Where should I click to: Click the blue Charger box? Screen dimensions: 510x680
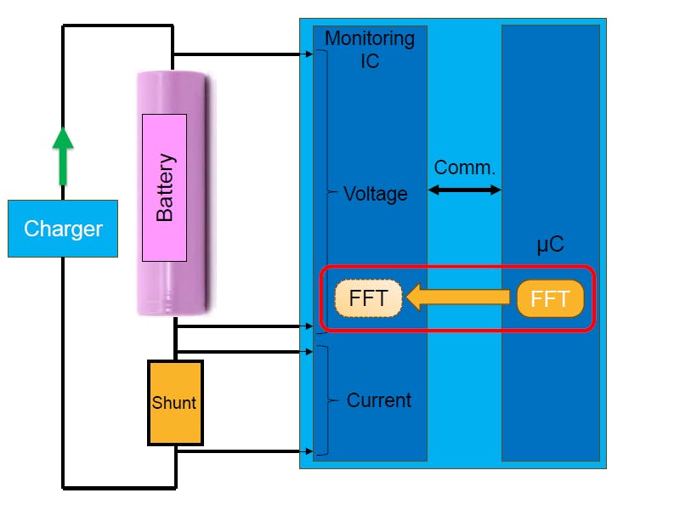(63, 229)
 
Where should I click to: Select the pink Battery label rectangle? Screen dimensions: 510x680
(164, 187)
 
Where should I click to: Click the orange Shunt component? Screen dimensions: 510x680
(175, 402)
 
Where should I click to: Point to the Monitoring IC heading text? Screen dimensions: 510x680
(370, 49)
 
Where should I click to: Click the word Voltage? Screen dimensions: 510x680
(375, 194)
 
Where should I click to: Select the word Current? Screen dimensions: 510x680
(378, 400)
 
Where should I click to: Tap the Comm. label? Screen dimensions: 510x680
(464, 167)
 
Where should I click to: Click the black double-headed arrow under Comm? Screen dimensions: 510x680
(464, 190)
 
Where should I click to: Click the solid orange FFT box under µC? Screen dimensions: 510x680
(550, 298)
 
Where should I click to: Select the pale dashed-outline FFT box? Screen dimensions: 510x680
(368, 298)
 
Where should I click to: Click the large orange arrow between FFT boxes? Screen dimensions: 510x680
(460, 298)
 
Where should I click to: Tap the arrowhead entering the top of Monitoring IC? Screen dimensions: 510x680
(309, 54)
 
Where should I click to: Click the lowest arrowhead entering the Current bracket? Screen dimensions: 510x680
(309, 451)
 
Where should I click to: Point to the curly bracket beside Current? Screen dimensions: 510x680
(324, 400)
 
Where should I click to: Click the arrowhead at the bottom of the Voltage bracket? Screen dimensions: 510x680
(309, 325)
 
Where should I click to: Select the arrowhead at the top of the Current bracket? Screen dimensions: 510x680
(309, 350)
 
